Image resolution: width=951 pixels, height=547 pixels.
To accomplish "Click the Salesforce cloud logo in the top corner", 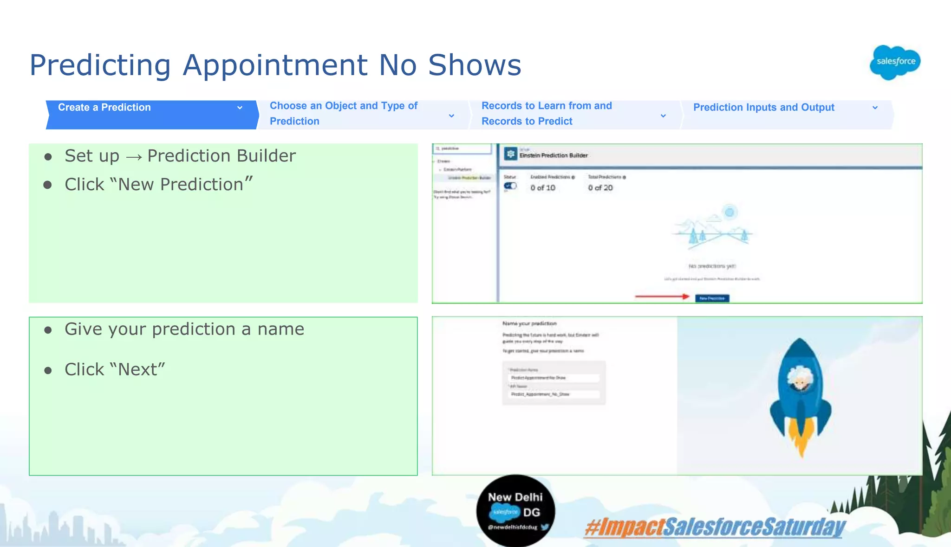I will pyautogui.click(x=895, y=62).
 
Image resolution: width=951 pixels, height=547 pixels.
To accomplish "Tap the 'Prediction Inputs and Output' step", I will pyautogui.click(x=763, y=108).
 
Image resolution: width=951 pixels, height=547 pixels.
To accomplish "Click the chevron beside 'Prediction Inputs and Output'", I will pyautogui.click(x=875, y=108).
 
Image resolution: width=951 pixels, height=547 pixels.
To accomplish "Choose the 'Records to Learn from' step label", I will pyautogui.click(x=547, y=106).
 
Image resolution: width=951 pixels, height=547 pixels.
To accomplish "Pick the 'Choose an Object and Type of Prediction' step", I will pyautogui.click(x=344, y=113).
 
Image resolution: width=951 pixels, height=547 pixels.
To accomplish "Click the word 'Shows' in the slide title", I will pyautogui.click(x=474, y=65).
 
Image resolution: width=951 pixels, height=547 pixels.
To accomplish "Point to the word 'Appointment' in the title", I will pyautogui.click(x=275, y=65).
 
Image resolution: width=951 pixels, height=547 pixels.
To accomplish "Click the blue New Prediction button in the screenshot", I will pyautogui.click(x=712, y=298).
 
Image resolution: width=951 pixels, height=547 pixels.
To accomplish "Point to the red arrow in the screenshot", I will pyautogui.click(x=662, y=296).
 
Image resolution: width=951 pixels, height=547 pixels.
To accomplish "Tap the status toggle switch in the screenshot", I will pyautogui.click(x=510, y=186).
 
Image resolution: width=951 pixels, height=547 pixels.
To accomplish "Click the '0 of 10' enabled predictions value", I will pyautogui.click(x=543, y=188).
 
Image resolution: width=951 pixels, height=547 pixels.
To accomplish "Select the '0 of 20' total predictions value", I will pyautogui.click(x=600, y=188).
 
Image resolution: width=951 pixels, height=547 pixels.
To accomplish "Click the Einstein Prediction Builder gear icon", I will pyautogui.click(x=511, y=154).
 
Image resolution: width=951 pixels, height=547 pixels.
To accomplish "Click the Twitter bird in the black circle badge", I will pyautogui.click(x=545, y=527).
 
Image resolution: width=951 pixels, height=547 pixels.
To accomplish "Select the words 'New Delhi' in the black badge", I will pyautogui.click(x=515, y=497).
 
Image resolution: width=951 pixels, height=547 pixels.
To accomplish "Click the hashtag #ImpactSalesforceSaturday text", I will pyautogui.click(x=715, y=528).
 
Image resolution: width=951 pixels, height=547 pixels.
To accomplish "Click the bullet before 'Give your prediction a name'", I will pyautogui.click(x=48, y=330).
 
